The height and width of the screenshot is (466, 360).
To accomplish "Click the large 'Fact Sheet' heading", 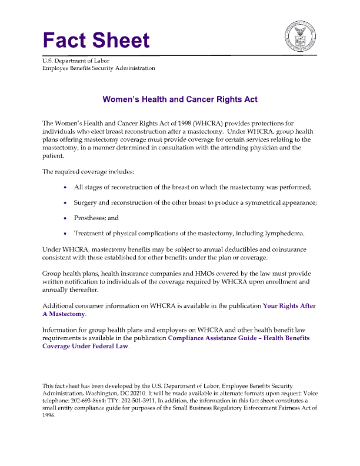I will (96, 40).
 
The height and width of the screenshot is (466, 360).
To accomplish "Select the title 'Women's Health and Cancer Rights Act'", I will (180, 100).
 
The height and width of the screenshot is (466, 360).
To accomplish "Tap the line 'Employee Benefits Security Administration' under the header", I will (99, 68).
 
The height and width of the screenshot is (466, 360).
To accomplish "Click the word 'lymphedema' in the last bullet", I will (284, 234).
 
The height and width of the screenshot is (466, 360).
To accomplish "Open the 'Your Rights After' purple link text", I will (289, 306).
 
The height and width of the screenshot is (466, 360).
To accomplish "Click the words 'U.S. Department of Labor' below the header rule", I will (76, 61).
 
